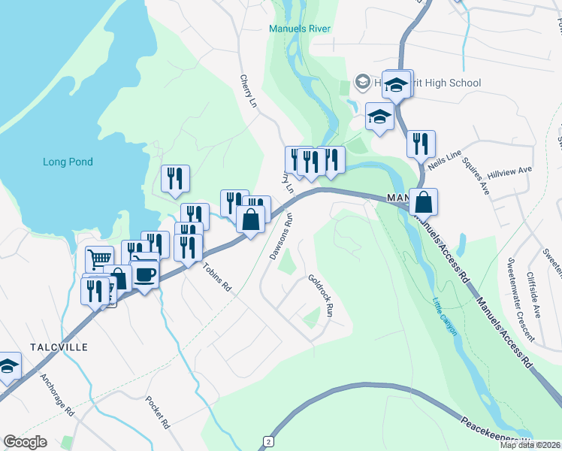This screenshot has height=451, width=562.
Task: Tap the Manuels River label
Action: [x=300, y=29]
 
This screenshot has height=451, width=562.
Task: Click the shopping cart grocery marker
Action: [x=99, y=259]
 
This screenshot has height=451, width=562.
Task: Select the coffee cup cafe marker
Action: [x=145, y=273]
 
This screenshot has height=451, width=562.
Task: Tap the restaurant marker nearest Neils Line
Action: [x=421, y=143]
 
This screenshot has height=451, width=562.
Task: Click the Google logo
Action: [x=26, y=442]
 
